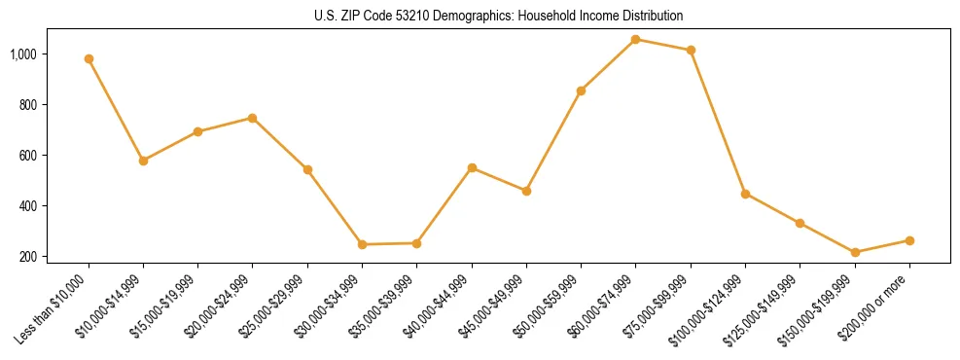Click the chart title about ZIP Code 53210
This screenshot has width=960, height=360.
(x=499, y=16)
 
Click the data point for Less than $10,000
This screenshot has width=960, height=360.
(x=89, y=58)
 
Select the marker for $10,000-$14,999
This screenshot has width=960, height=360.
(x=143, y=161)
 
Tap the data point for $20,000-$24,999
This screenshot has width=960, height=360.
(x=253, y=118)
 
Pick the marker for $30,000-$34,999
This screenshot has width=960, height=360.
(x=362, y=244)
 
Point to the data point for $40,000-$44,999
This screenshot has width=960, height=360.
(x=472, y=168)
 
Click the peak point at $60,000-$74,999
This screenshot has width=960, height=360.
(x=635, y=39)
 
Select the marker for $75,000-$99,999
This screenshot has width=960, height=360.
(x=691, y=50)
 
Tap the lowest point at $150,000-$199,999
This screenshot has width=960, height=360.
(x=855, y=252)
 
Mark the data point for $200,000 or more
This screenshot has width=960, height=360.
(x=909, y=240)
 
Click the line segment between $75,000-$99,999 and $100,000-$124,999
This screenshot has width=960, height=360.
(x=718, y=122)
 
